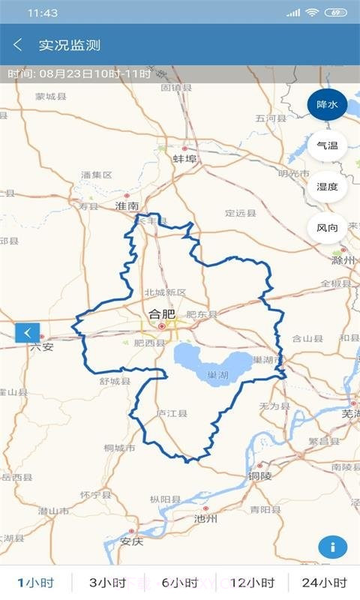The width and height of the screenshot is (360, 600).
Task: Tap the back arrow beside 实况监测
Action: click(x=18, y=45)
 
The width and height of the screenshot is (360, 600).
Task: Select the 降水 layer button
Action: click(x=327, y=105)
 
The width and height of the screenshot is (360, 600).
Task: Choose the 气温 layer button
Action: click(x=327, y=145)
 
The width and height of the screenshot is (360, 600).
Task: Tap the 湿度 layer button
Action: click(x=327, y=187)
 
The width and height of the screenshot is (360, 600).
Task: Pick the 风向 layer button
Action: click(x=327, y=228)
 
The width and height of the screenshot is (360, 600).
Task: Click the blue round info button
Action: click(x=332, y=547)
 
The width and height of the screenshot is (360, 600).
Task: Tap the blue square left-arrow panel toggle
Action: click(x=28, y=332)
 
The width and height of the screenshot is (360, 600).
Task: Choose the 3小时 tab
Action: click(x=107, y=583)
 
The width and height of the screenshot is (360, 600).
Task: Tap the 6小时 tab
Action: click(x=179, y=583)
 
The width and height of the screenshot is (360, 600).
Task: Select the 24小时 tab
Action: click(x=324, y=583)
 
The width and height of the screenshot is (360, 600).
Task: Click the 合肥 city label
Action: click(x=161, y=315)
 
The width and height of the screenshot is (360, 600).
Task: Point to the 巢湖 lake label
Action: click(x=218, y=373)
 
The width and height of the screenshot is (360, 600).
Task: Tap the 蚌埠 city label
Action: click(x=184, y=159)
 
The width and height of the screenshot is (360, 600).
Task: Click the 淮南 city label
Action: click(x=127, y=205)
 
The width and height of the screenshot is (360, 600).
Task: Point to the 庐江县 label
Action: click(x=172, y=413)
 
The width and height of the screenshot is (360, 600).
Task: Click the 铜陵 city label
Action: click(x=263, y=475)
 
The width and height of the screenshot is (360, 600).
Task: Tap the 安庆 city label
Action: click(x=131, y=541)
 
